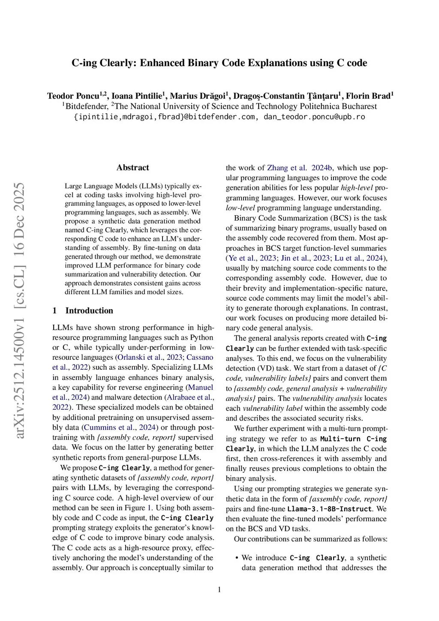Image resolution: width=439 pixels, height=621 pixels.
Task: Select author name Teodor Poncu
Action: click(x=73, y=96)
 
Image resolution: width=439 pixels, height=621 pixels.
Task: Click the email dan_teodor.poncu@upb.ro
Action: click(x=314, y=117)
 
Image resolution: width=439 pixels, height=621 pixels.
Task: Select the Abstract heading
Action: click(x=132, y=168)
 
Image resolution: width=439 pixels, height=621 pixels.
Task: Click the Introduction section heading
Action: click(x=89, y=310)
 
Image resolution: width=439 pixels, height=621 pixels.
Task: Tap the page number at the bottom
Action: click(x=219, y=590)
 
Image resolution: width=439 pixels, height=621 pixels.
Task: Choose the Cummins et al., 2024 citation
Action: click(x=120, y=427)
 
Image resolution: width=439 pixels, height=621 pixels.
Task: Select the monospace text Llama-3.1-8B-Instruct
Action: click(x=329, y=509)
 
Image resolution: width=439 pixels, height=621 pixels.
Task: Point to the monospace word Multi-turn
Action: click(x=340, y=439)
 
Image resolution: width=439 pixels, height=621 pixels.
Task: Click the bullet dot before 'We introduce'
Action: click(x=237, y=558)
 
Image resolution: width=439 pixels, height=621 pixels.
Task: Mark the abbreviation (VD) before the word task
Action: click(x=268, y=368)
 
